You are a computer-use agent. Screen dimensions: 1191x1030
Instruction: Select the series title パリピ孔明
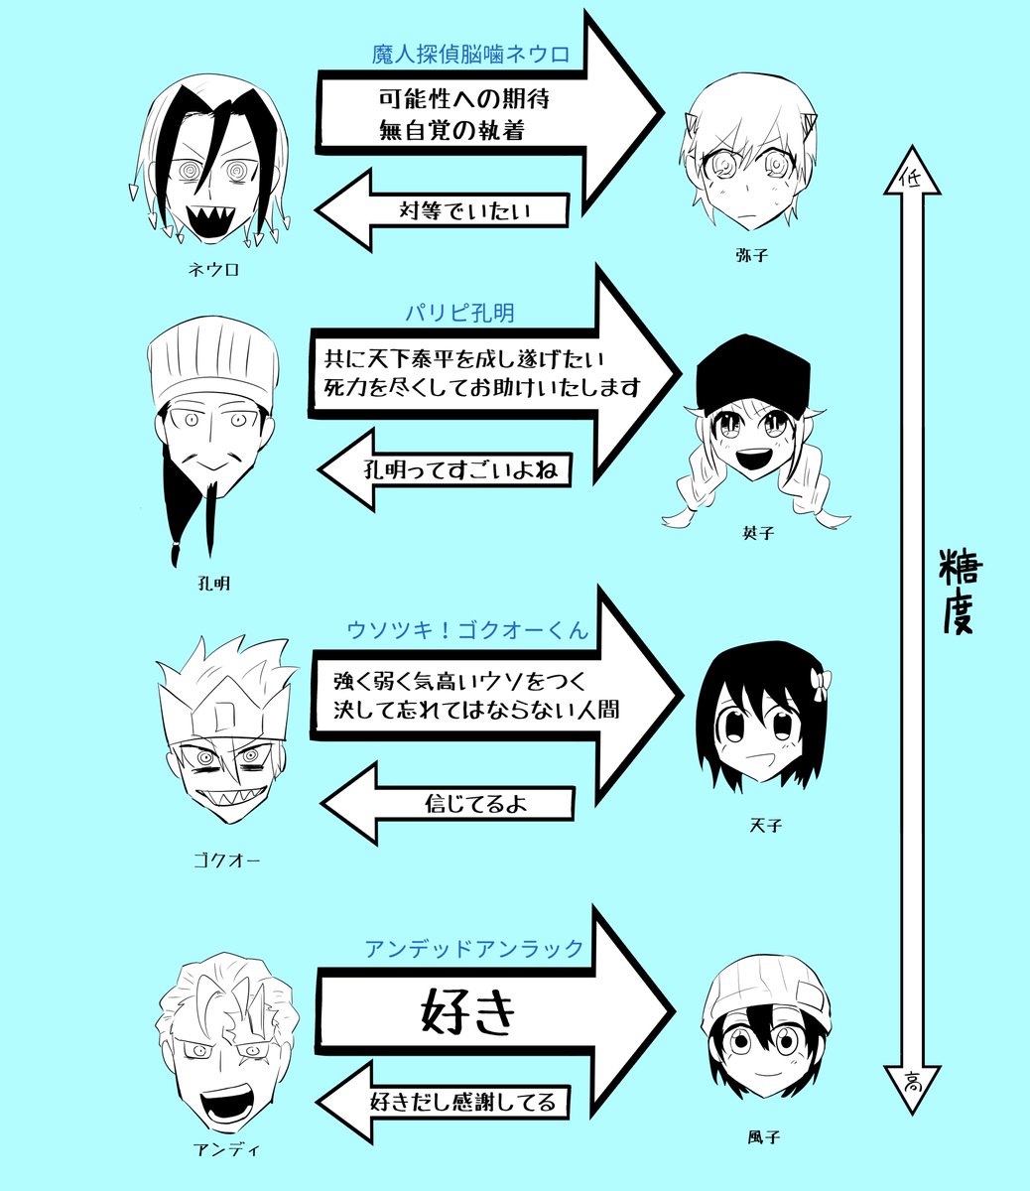(459, 313)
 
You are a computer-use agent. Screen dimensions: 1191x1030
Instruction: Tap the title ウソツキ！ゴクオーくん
(467, 630)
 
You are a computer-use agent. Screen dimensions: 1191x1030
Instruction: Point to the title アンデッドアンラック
(474, 948)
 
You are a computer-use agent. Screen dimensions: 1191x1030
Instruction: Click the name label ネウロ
(214, 269)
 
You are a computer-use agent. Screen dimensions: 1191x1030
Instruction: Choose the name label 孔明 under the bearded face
(213, 584)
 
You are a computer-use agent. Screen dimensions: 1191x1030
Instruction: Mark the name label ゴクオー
(226, 860)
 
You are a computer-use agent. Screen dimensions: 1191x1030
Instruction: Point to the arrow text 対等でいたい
(466, 211)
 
